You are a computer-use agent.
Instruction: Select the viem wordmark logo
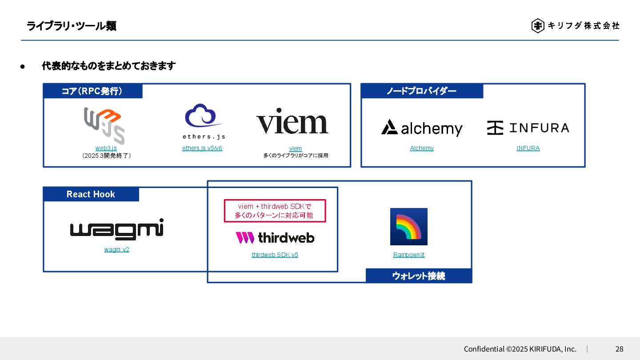[292, 121]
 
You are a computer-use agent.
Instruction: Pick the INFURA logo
[528, 128]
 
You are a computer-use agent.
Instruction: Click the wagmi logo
[117, 229]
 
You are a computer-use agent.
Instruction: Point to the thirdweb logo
[275, 238]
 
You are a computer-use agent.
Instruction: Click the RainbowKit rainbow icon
[408, 227]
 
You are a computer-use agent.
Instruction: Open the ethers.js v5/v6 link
[202, 148]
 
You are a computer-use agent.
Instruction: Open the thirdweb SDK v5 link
[275, 255]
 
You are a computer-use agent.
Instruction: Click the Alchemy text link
[422, 148]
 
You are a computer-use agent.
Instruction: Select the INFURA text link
[528, 148]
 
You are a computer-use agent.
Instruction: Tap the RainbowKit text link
[408, 255]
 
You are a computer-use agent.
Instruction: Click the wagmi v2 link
[117, 249]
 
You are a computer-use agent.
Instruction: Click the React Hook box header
[91, 194]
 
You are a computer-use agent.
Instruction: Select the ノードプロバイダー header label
[421, 91]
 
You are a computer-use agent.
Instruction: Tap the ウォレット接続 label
[418, 276]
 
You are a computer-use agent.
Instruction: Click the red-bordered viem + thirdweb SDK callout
[275, 211]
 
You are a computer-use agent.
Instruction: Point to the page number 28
[619, 349]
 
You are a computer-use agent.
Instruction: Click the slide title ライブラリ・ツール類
[72, 26]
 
